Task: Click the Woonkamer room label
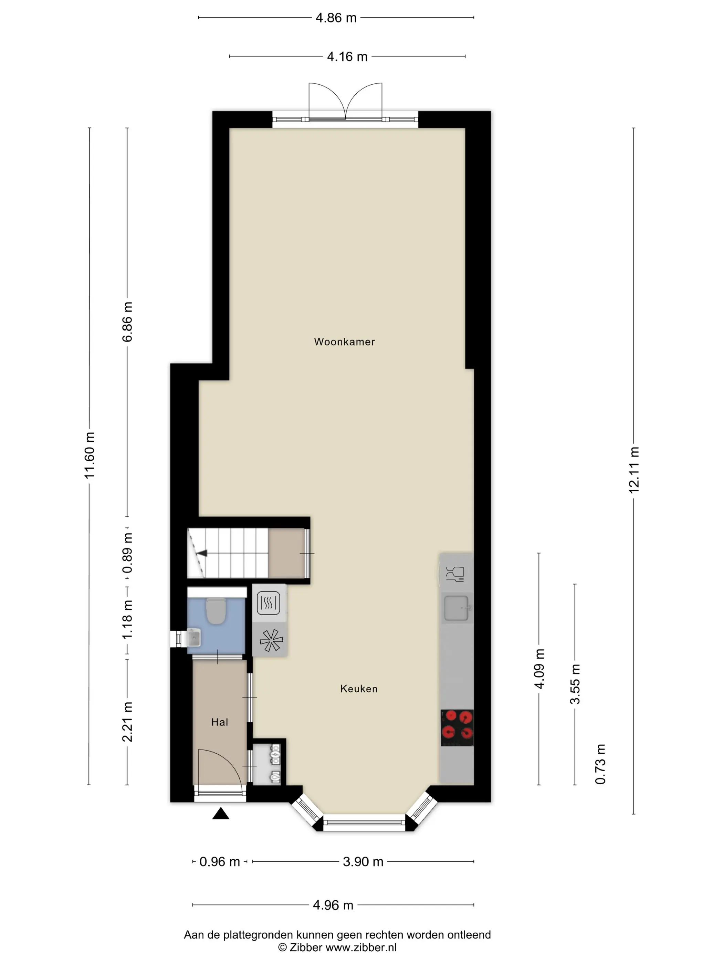344,342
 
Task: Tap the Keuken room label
359,689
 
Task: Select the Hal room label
219,722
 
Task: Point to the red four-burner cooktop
457,728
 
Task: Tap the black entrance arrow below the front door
221,814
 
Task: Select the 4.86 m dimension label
336,18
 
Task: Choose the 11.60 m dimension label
89,455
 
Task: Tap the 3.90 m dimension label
363,862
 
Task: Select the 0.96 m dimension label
220,862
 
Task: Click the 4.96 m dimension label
333,905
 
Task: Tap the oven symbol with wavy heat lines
269,603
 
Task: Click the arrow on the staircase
201,554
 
